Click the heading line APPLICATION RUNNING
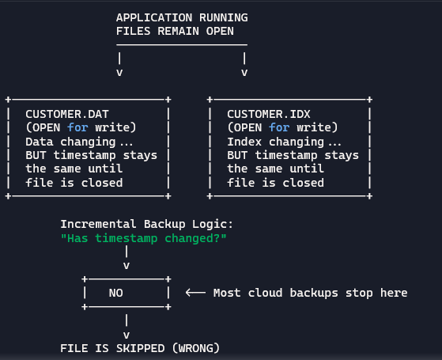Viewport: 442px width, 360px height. [x=181, y=17]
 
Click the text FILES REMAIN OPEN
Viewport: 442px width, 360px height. [x=175, y=31]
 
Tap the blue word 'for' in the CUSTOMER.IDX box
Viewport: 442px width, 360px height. [x=279, y=128]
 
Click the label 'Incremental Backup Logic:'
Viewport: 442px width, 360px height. [x=147, y=224]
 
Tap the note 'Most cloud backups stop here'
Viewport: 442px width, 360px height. [x=310, y=293]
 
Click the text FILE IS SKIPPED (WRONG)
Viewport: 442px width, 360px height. [x=140, y=347]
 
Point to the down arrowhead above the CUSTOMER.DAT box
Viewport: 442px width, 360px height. [x=119, y=72]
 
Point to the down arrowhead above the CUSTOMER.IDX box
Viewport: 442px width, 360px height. [x=244, y=72]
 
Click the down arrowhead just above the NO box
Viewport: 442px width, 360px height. [x=127, y=266]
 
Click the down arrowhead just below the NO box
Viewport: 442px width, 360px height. [x=127, y=334]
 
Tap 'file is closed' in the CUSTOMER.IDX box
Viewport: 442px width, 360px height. [x=275, y=183]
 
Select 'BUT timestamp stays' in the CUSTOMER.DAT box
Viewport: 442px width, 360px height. [x=91, y=155]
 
